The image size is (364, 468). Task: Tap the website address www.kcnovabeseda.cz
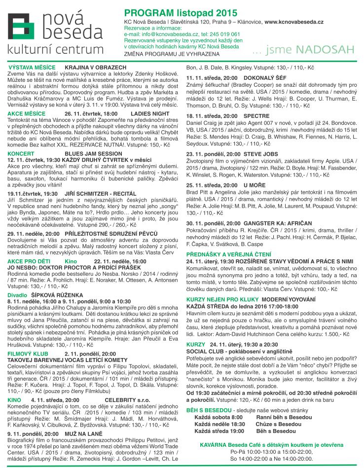[x=294, y=23]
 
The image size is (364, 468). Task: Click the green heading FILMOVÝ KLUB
[x=28, y=354]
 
